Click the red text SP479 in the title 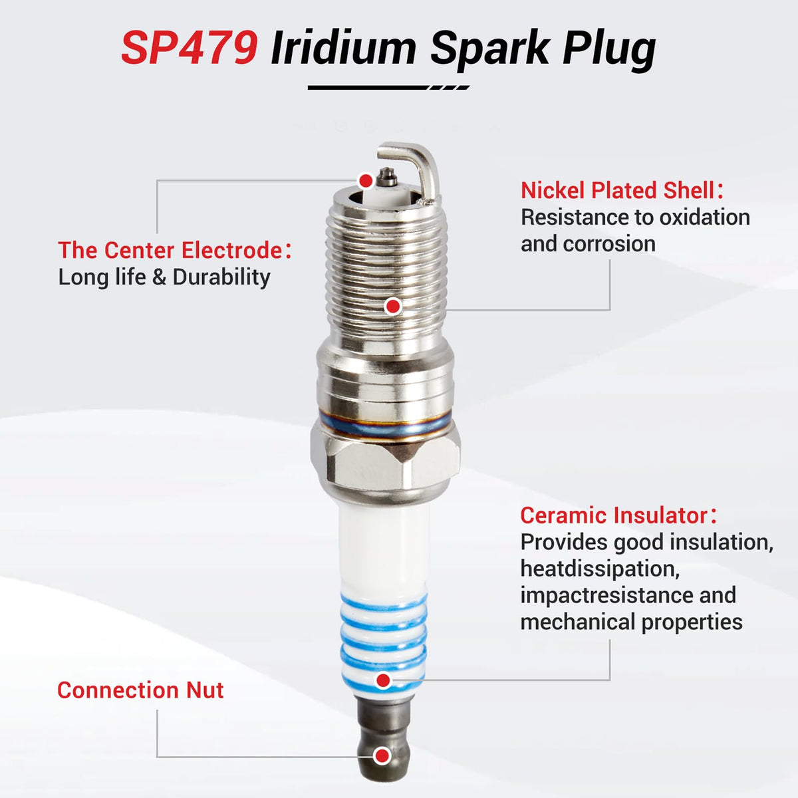(190, 48)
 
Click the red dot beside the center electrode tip (366, 181)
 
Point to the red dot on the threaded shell (392, 307)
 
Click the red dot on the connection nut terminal (382, 756)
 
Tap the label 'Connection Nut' (140, 690)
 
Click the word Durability (221, 277)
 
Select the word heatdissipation (600, 569)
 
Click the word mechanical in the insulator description (577, 622)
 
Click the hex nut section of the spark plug (385, 464)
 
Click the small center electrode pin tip (388, 178)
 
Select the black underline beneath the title (388, 87)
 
